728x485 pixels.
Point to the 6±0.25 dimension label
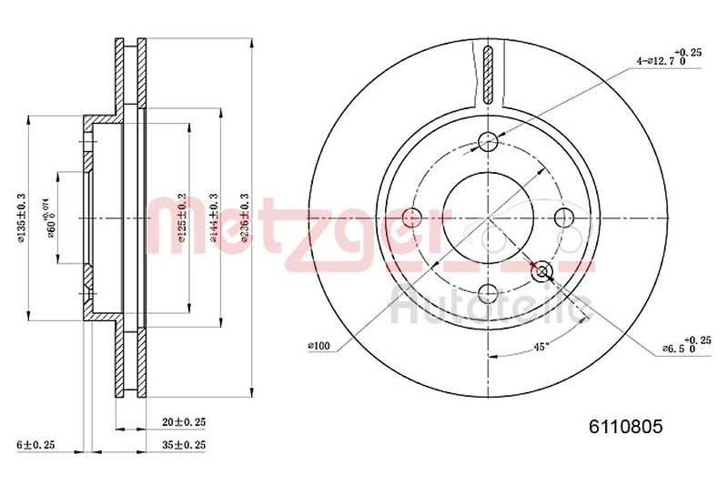(x=37, y=444)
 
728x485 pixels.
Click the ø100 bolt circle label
(x=319, y=345)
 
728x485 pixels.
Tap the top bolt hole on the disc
(x=489, y=141)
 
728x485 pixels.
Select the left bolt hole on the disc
(x=412, y=217)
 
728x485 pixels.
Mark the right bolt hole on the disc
(x=565, y=217)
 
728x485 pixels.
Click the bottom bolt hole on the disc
(x=489, y=293)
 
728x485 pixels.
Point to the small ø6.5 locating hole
(x=543, y=271)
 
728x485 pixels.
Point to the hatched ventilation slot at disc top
(x=489, y=73)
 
